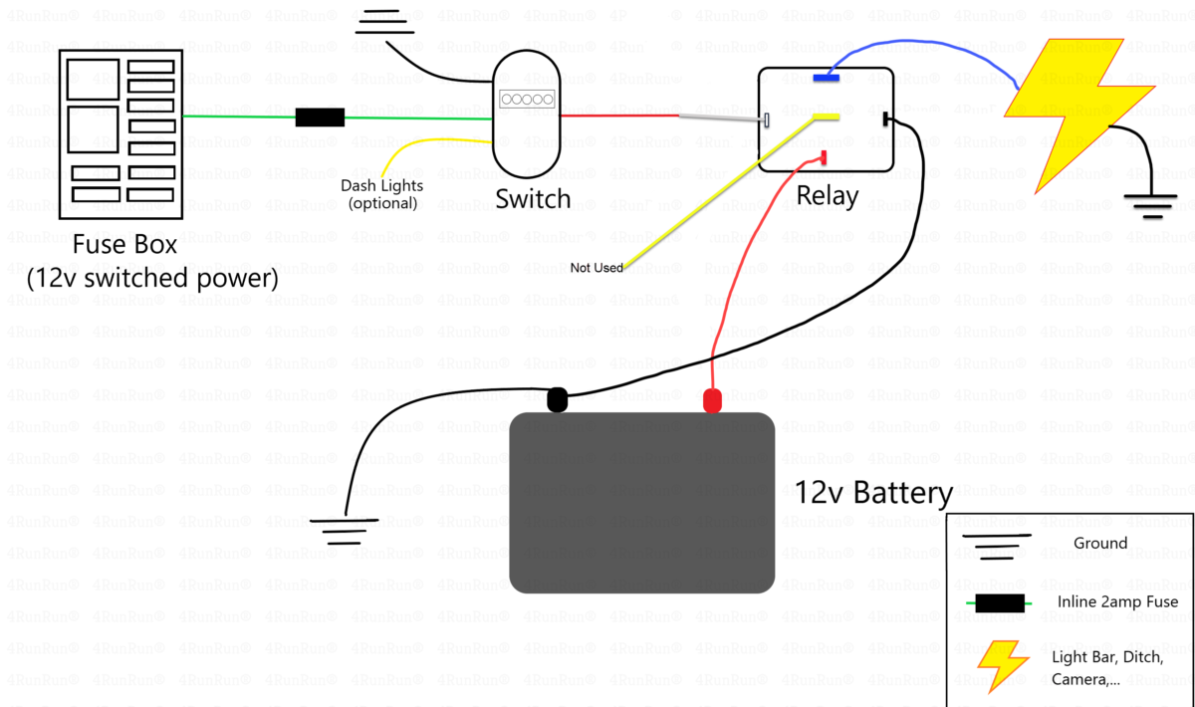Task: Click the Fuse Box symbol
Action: coord(119,135)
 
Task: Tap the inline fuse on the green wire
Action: coord(320,118)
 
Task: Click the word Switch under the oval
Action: coord(533,198)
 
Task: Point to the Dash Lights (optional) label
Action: coord(381,194)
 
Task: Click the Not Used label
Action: coord(597,268)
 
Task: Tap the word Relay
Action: coord(827,195)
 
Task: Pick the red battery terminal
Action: coord(712,401)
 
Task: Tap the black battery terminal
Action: coord(558,400)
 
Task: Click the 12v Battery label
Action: coord(872,493)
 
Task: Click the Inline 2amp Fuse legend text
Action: coord(1117,601)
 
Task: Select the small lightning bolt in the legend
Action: coord(1003,665)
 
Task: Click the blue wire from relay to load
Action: coord(926,45)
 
